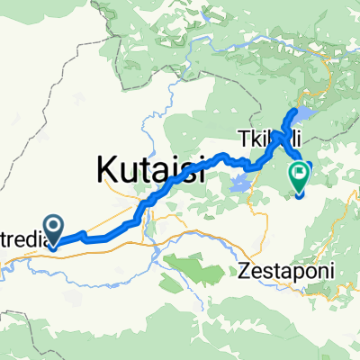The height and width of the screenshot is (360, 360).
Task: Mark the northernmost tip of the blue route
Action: click(294, 111)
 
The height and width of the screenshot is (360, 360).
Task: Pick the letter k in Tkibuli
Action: click(255, 139)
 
